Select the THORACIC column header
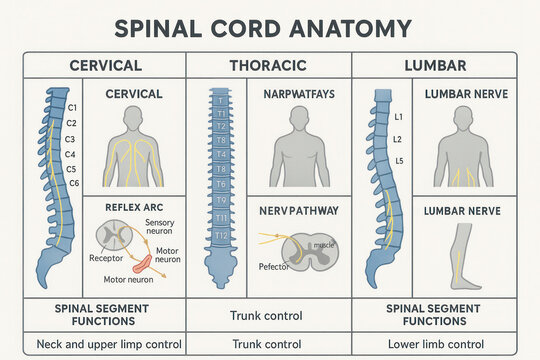click(268, 65)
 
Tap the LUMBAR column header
click(435, 65)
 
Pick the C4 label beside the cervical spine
click(69, 154)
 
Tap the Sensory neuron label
click(160, 227)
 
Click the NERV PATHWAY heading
click(299, 211)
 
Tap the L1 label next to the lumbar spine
click(397, 118)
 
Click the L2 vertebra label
click(397, 139)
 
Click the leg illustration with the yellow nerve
click(462, 256)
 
